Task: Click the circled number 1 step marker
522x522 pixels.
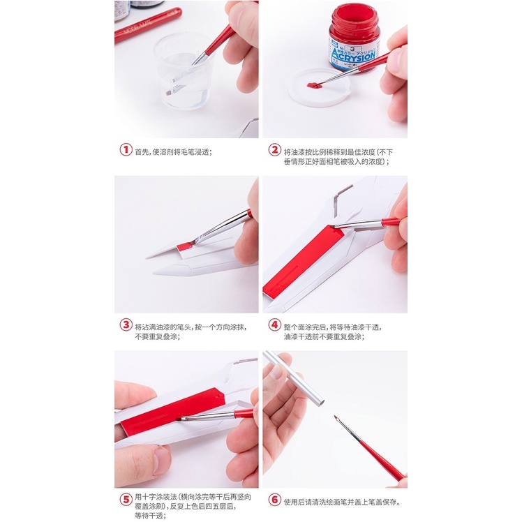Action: [126, 150]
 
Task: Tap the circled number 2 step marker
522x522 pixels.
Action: [274, 150]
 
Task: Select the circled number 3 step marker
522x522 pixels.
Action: [126, 325]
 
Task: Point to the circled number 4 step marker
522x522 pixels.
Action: [274, 325]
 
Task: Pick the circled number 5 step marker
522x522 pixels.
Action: [126, 500]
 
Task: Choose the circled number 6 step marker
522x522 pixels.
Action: [274, 500]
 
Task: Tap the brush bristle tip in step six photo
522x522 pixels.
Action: [336, 419]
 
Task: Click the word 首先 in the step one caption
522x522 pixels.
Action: [142, 151]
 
